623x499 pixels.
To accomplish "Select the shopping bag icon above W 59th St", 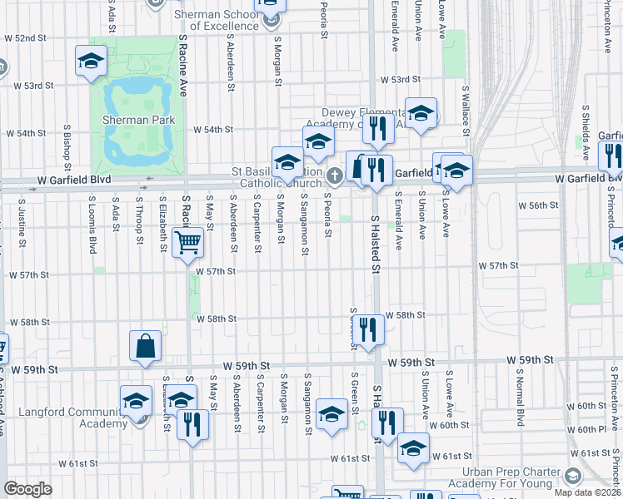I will click(x=146, y=347).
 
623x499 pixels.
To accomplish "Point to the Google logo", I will click(x=27, y=489).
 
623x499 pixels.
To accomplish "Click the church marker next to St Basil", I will click(x=335, y=175).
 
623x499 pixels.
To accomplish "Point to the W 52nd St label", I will click(x=26, y=38).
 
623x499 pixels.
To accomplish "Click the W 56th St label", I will click(x=538, y=205).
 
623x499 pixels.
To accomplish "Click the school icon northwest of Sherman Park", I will click(x=91, y=61).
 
